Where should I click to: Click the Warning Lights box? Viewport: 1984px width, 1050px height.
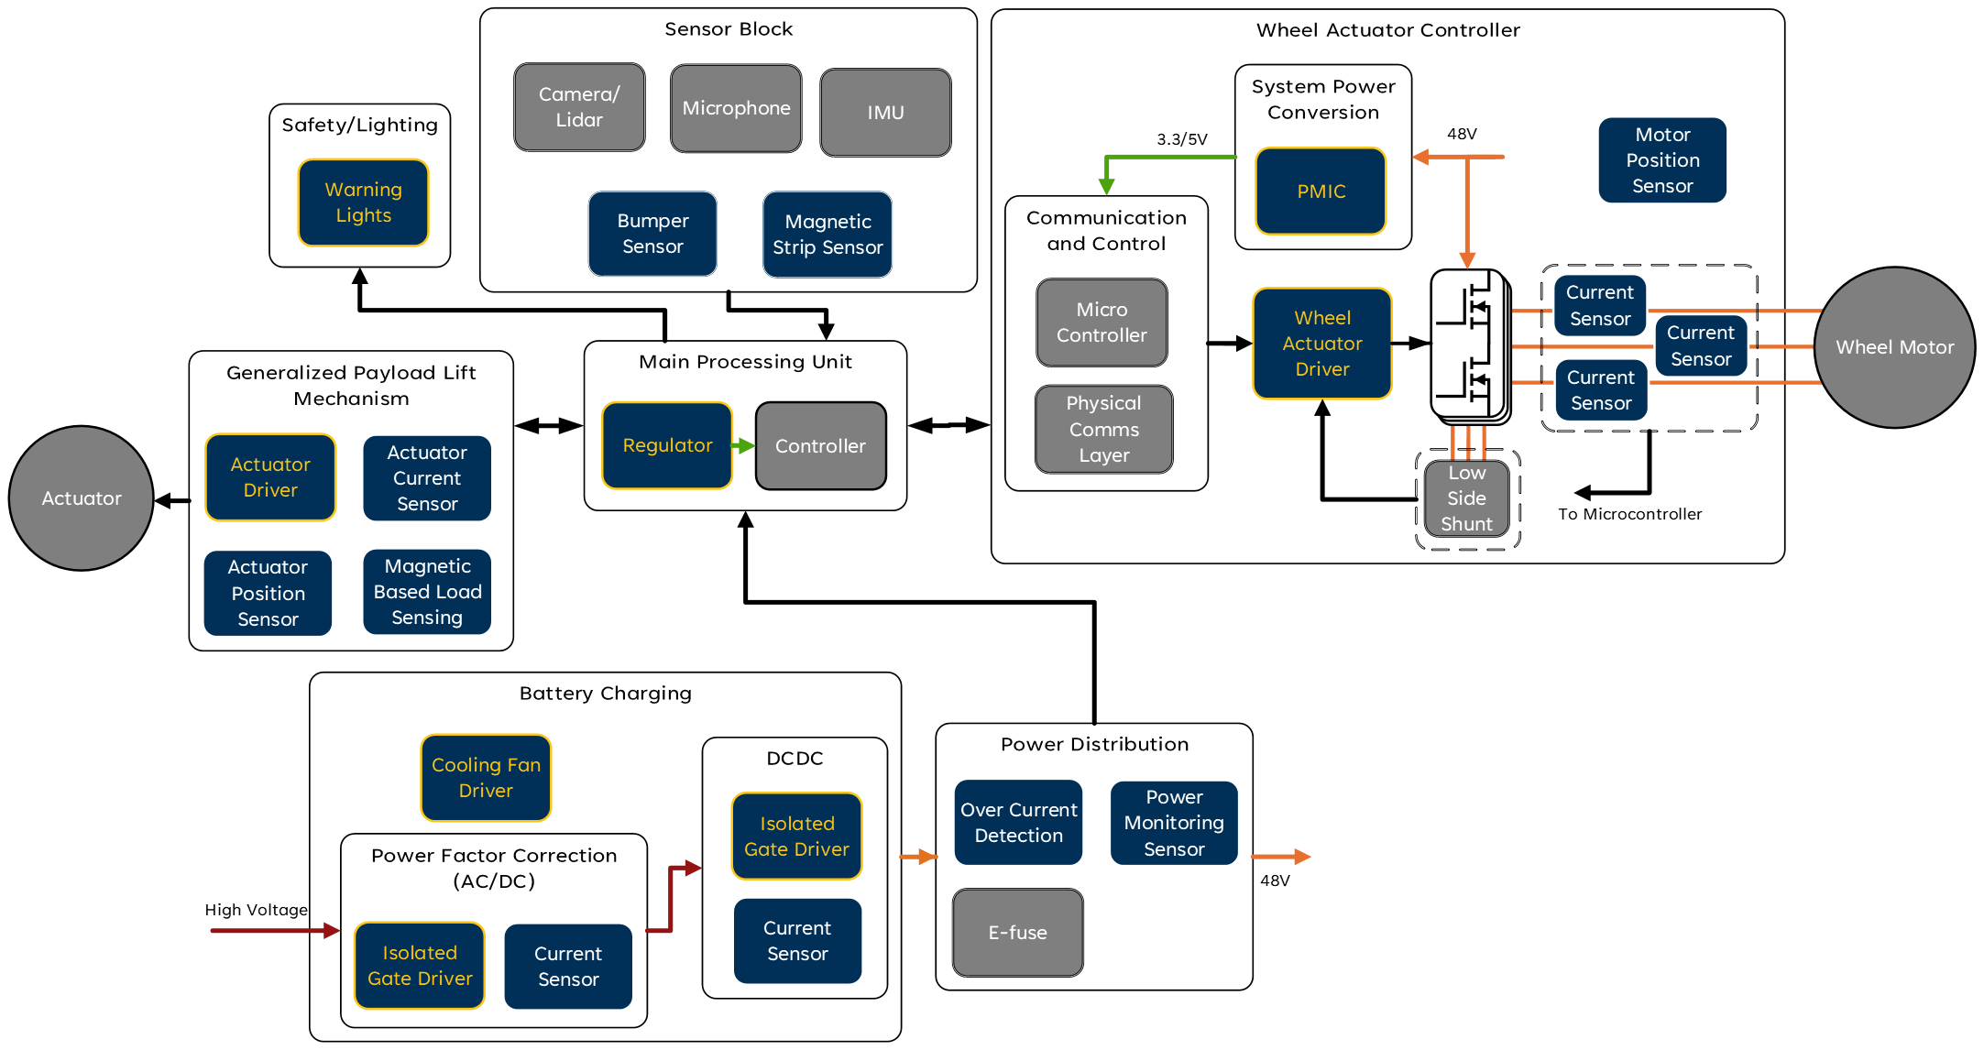click(x=363, y=202)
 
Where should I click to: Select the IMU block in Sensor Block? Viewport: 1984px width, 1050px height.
click(x=885, y=113)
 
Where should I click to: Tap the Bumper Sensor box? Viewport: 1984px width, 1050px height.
click(x=652, y=234)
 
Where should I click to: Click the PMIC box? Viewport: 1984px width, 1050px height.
click(x=1321, y=191)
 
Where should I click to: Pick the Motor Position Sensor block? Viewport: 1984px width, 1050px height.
click(x=1662, y=160)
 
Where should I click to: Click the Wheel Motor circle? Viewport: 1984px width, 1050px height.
click(x=1894, y=347)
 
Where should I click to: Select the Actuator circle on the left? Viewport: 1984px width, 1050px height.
click(x=82, y=498)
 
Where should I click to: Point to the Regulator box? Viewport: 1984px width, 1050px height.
click(x=667, y=445)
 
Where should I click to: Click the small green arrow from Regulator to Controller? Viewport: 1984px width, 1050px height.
click(x=743, y=446)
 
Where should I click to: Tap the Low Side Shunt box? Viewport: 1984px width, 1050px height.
click(x=1466, y=498)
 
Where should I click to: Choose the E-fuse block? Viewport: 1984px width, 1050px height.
click(x=1017, y=933)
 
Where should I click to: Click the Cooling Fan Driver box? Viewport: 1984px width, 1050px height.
click(x=486, y=778)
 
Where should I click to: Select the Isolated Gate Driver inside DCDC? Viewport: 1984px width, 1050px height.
click(x=796, y=837)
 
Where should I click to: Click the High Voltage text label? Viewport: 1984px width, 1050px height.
click(x=256, y=910)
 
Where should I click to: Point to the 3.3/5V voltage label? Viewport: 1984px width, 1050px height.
click(x=1181, y=139)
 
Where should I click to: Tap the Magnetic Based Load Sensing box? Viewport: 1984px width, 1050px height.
click(x=427, y=592)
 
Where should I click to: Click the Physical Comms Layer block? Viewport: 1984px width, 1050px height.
click(x=1103, y=429)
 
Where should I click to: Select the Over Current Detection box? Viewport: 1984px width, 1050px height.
click(x=1018, y=823)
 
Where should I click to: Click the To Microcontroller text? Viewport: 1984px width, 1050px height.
click(x=1629, y=514)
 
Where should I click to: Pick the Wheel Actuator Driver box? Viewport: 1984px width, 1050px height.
click(x=1321, y=344)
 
